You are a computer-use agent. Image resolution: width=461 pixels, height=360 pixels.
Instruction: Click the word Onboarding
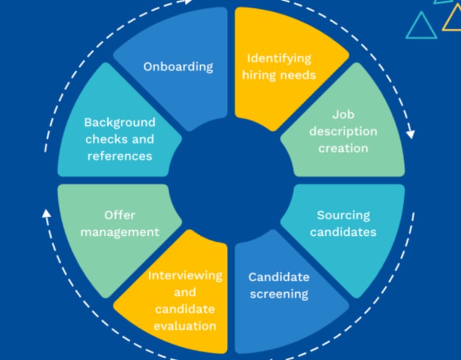click(x=178, y=66)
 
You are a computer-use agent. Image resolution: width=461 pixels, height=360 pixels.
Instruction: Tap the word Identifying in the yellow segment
click(x=280, y=59)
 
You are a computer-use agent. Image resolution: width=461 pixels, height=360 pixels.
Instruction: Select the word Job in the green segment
click(x=343, y=114)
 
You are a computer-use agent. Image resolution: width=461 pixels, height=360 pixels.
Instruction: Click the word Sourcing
click(x=343, y=215)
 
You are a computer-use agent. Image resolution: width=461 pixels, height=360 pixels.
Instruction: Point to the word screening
click(x=279, y=294)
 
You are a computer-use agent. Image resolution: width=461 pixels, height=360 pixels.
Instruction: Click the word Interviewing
click(x=185, y=275)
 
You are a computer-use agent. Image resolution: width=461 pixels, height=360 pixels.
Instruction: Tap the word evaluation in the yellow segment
click(x=185, y=326)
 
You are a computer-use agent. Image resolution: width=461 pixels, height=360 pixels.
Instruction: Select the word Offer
click(x=119, y=215)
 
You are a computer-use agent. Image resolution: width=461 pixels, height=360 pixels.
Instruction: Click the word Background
click(x=119, y=122)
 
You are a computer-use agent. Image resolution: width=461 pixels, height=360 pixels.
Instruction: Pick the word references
click(x=119, y=156)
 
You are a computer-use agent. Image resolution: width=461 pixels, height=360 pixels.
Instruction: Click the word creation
click(x=343, y=148)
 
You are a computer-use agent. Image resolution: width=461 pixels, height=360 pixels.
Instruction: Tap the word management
click(x=119, y=232)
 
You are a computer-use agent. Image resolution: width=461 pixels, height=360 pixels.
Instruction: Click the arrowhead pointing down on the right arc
click(x=410, y=133)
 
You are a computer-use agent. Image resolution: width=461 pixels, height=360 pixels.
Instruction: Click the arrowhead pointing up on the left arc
click(x=46, y=213)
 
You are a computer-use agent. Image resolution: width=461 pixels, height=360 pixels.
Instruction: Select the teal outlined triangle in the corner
click(x=421, y=26)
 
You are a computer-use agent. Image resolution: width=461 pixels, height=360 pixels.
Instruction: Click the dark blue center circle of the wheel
click(x=230, y=180)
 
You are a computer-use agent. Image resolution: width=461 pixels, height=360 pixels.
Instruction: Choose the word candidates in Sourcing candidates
click(x=343, y=232)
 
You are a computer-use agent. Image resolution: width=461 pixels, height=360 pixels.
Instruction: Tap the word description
click(x=343, y=131)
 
